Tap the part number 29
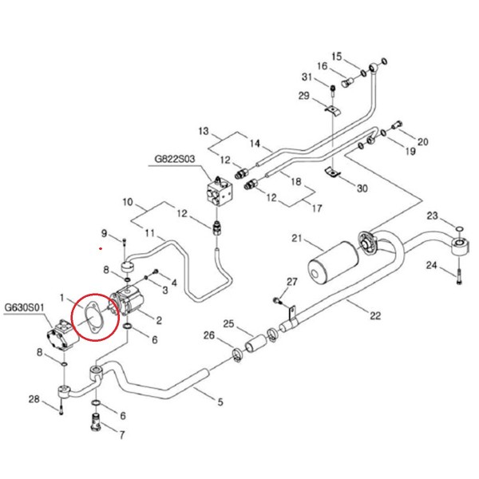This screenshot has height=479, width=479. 303,97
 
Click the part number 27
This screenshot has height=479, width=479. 291,283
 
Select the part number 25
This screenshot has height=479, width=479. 228,324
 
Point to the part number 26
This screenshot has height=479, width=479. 209,336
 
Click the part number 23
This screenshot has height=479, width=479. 432,216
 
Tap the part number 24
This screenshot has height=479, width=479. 432,266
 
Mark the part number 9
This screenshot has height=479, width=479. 103,232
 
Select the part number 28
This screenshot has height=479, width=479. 33,399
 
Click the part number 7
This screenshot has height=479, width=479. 122,435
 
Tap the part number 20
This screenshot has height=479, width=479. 423,142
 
